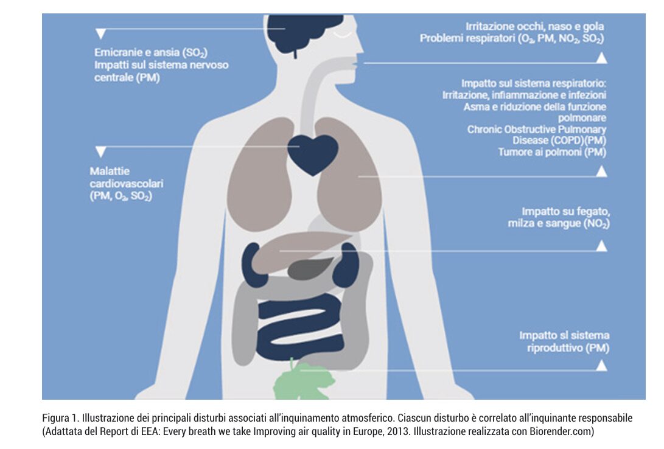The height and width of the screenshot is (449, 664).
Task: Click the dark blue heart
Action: click(313, 153)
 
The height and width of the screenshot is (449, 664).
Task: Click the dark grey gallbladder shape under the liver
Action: click(309, 268)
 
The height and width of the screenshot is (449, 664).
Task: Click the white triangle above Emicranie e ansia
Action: click(102, 33)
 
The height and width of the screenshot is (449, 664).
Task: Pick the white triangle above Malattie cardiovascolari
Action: click(101, 151)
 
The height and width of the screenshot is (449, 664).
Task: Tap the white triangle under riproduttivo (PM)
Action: click(601, 365)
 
